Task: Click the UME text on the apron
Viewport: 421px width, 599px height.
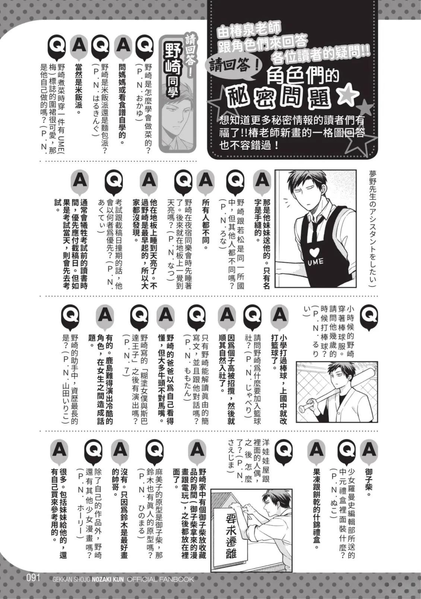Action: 316,261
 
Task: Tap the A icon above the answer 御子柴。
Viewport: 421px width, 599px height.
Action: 369,450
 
